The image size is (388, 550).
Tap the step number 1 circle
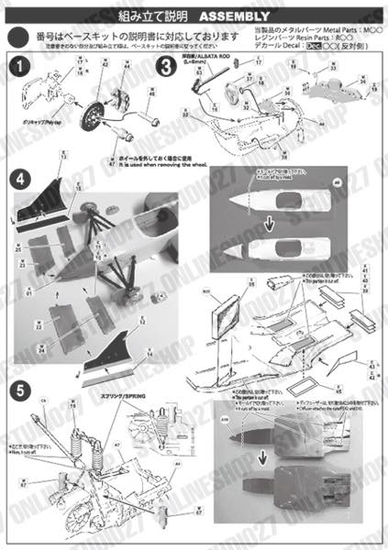click(x=17, y=67)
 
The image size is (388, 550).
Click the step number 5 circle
click(x=17, y=389)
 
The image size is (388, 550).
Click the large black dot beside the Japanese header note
click(x=17, y=38)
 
